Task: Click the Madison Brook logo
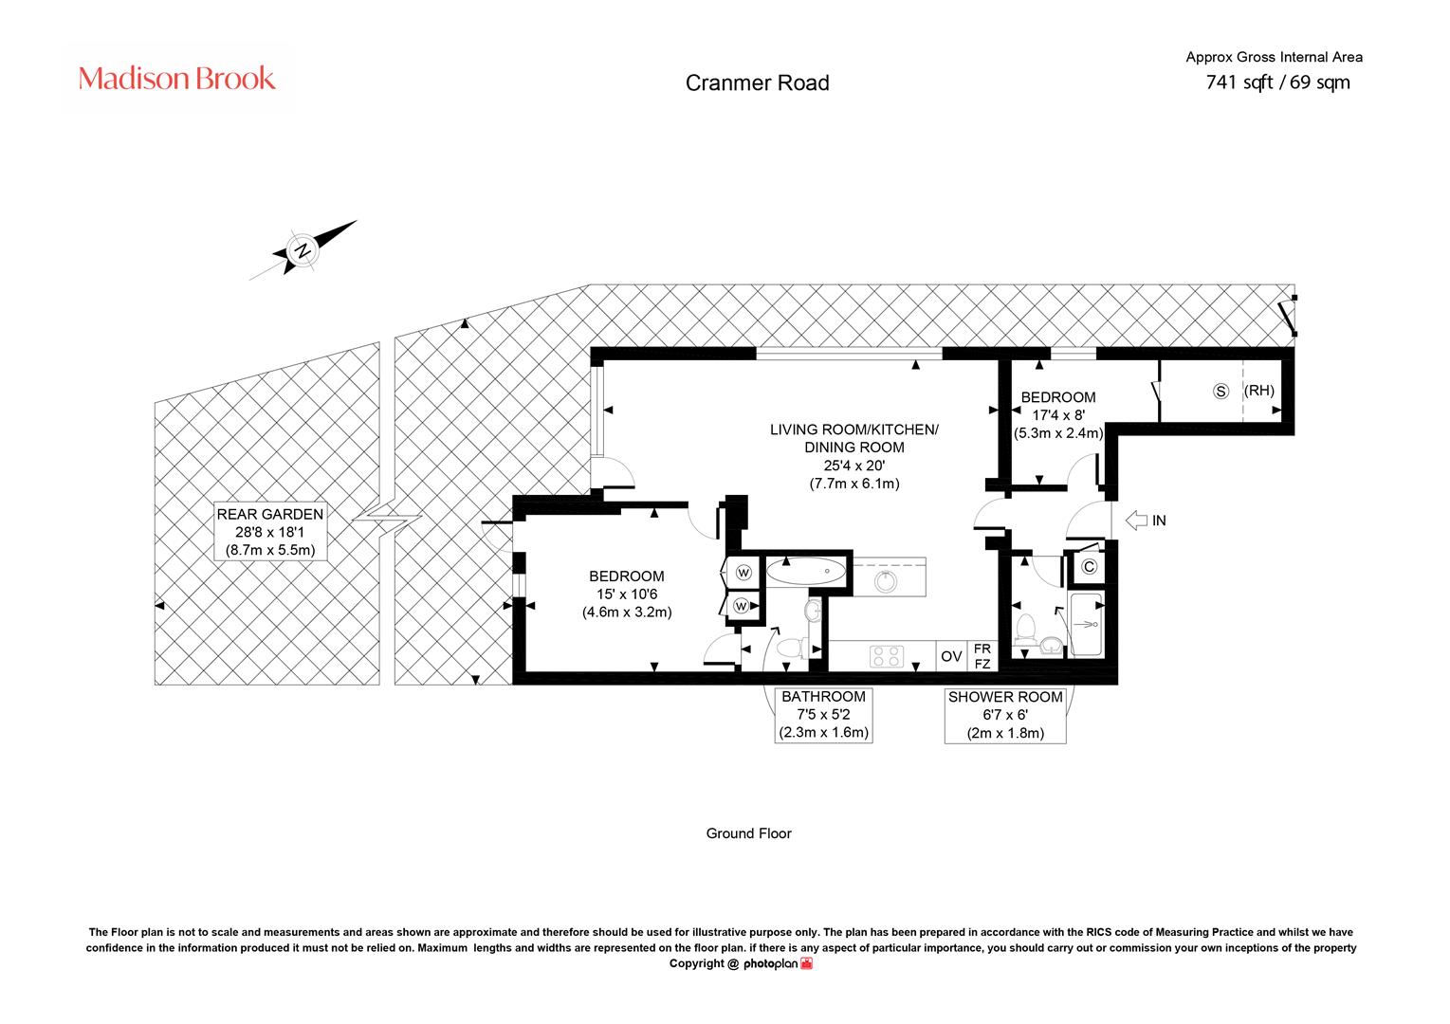coord(176,79)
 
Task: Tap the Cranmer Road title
coord(757,82)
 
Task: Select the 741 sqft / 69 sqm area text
coord(1277,82)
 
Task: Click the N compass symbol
coord(303,250)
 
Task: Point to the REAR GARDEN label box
coord(270,531)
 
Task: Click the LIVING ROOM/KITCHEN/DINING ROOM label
coord(853,438)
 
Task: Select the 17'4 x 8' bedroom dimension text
coord(1057,415)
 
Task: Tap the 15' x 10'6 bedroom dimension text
coord(627,594)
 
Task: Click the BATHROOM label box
coord(823,715)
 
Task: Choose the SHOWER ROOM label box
coord(1005,715)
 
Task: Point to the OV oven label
coord(951,656)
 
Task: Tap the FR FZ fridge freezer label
coord(982,656)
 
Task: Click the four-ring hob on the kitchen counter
coord(887,656)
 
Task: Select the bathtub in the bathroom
coord(805,571)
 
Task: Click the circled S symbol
coord(1221,391)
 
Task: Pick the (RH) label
coord(1259,391)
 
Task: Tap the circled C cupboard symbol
coord(1089,567)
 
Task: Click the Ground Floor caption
coord(748,833)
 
